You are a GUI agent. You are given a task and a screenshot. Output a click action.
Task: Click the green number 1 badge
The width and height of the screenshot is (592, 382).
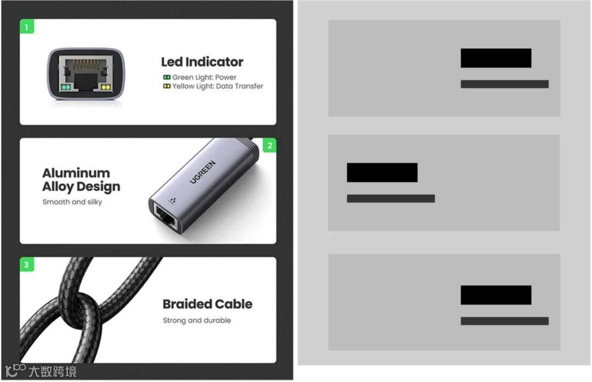coord(26,26)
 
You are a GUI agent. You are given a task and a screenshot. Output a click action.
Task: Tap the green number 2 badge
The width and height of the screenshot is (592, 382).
coord(269,145)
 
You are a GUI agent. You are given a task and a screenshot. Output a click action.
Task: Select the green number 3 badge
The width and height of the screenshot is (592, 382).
coord(26,265)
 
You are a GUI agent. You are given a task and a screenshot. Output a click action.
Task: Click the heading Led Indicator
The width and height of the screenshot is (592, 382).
coord(202,62)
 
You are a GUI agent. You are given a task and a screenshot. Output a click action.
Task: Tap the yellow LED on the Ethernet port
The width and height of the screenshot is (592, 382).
coord(104,87)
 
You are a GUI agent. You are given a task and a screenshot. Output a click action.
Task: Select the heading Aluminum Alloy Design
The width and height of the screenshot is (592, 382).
coord(81,180)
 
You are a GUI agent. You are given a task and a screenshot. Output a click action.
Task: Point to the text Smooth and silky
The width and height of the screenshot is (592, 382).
coord(72,202)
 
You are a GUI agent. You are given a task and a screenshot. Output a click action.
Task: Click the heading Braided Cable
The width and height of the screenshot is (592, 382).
coord(207,304)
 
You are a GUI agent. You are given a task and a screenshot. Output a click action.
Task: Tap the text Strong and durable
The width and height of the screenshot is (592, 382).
coord(197,320)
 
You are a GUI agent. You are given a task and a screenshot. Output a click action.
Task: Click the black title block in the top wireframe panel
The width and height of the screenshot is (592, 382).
coord(496,58)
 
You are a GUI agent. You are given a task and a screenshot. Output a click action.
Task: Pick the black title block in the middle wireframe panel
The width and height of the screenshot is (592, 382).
coord(382,173)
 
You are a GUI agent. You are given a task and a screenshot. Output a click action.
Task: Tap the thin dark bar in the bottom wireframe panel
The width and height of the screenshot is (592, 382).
coord(504,321)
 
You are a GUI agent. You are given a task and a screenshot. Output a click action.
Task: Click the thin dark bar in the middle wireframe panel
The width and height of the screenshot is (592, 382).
coord(390,198)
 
